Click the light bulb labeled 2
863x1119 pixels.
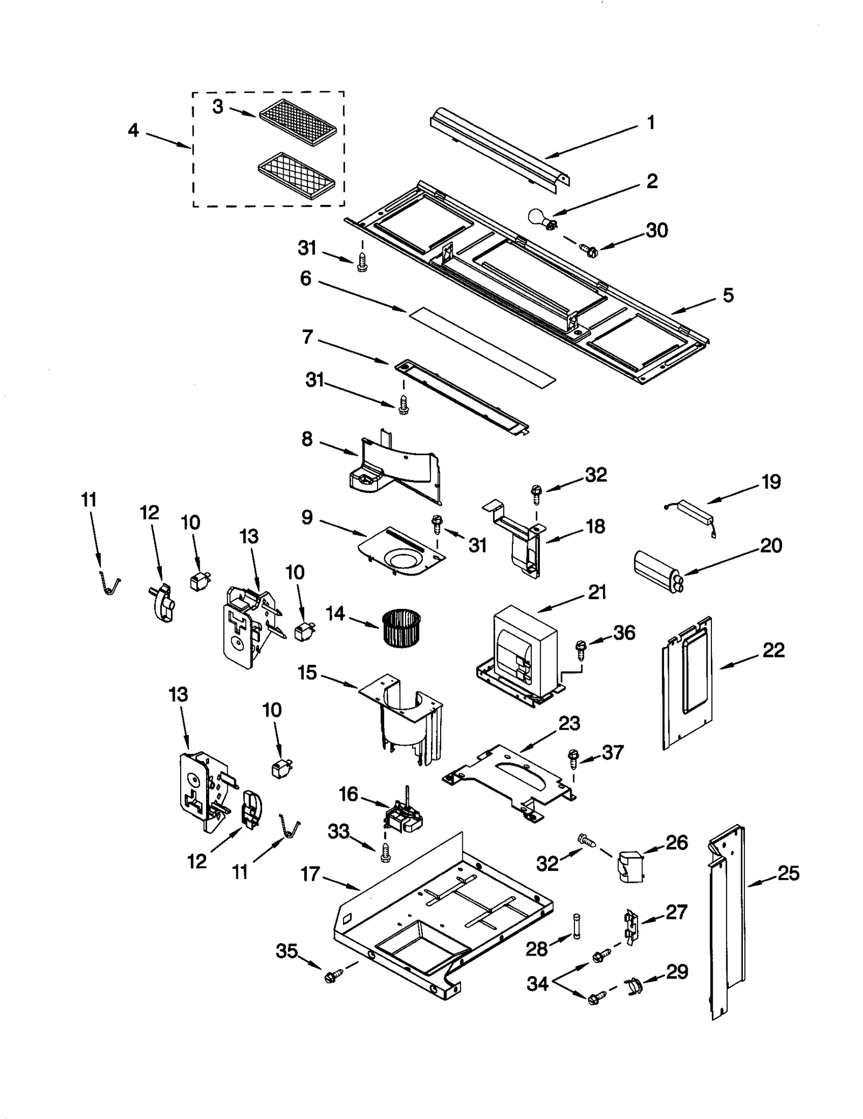tap(542, 219)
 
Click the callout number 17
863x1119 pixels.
tap(310, 873)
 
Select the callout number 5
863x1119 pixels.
tap(728, 295)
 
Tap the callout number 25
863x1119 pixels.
tap(788, 873)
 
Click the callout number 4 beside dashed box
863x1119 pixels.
tap(133, 131)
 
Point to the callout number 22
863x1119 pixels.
tap(773, 650)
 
